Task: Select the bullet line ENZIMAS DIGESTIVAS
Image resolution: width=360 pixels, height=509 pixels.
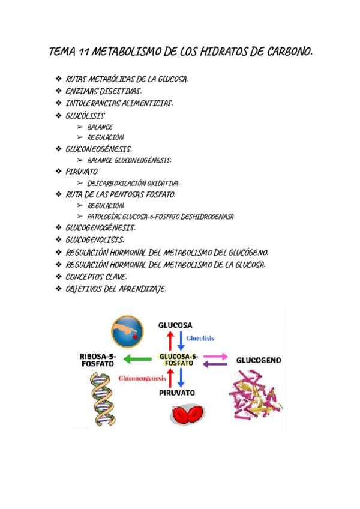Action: [103, 91]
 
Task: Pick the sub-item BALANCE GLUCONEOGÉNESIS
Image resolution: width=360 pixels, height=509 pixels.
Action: [129, 160]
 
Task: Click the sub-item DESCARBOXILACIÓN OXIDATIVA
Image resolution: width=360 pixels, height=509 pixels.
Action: [133, 183]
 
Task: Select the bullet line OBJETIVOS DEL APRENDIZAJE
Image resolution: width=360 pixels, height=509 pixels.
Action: [115, 289]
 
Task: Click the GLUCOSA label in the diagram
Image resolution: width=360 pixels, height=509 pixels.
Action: [175, 325]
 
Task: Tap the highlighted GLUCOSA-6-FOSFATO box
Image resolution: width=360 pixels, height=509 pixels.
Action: [179, 360]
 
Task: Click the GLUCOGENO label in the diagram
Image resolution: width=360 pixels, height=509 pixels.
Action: [259, 361]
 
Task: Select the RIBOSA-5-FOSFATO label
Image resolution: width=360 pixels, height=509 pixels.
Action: [96, 360]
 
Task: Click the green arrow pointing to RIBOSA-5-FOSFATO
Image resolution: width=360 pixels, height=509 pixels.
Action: [137, 360]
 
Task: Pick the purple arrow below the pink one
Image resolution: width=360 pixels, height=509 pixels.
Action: [215, 364]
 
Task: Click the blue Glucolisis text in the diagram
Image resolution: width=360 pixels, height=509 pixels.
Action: [200, 339]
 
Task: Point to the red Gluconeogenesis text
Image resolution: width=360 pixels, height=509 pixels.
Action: [142, 379]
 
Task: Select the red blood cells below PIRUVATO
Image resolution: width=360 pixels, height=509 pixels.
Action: [187, 415]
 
